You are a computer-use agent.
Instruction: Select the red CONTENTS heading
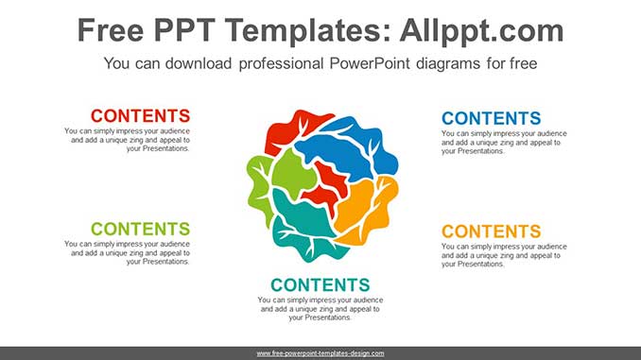point(140,116)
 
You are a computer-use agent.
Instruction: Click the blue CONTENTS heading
point(492,118)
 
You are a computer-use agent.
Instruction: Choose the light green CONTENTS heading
point(140,229)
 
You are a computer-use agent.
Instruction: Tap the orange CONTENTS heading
point(492,231)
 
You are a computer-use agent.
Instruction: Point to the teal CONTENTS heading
point(320,284)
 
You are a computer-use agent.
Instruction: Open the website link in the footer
point(320,353)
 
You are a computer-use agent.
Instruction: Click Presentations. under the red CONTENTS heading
point(158,149)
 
